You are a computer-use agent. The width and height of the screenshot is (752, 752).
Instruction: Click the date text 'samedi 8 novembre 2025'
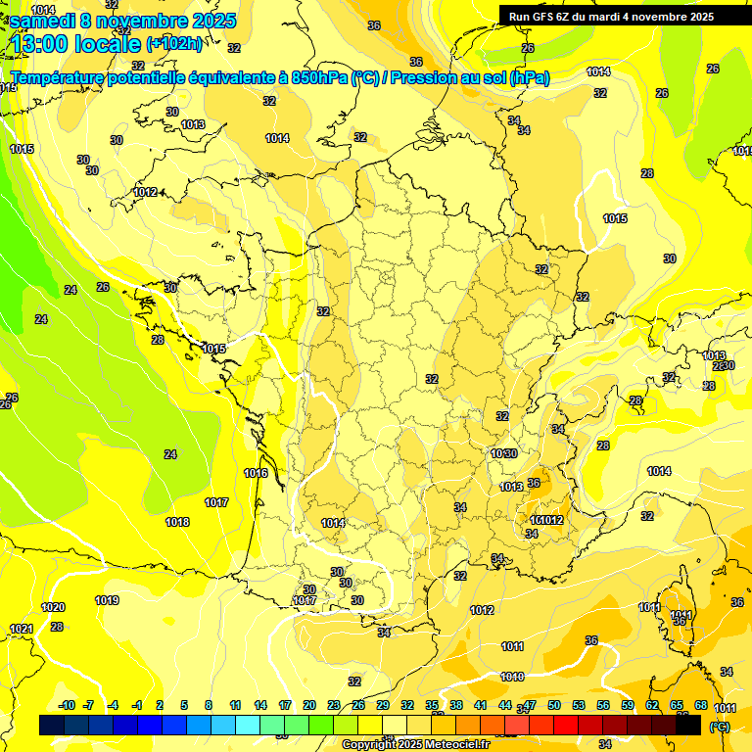pos(114,19)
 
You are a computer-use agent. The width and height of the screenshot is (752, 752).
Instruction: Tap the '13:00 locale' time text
pos(76,43)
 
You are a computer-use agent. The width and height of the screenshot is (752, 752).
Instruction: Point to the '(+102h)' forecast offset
pos(174,43)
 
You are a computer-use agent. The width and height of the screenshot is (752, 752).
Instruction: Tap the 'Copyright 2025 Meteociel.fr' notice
pos(415,744)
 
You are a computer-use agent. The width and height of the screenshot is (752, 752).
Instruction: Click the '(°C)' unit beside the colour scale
pos(719,726)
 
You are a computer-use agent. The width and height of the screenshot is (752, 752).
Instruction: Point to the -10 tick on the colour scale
pos(68,705)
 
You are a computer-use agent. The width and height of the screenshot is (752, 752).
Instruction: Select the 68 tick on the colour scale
pos(701,705)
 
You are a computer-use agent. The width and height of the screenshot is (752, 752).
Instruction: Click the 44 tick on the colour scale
pos(505,705)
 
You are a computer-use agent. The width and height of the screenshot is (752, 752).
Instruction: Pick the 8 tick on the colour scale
pos(209,705)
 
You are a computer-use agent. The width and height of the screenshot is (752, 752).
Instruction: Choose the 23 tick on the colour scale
pos(334,705)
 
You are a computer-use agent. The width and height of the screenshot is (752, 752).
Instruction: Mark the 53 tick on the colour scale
pos(579,705)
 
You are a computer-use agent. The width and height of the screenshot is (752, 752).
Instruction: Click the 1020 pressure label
pos(53,607)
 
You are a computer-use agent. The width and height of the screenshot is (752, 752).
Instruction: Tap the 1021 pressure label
pos(22,629)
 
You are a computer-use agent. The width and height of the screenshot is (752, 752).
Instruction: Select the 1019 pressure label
pos(107,600)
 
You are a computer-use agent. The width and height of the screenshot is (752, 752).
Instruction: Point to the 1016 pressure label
pos(256,473)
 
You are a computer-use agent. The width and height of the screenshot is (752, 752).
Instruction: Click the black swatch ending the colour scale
pos(688,726)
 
